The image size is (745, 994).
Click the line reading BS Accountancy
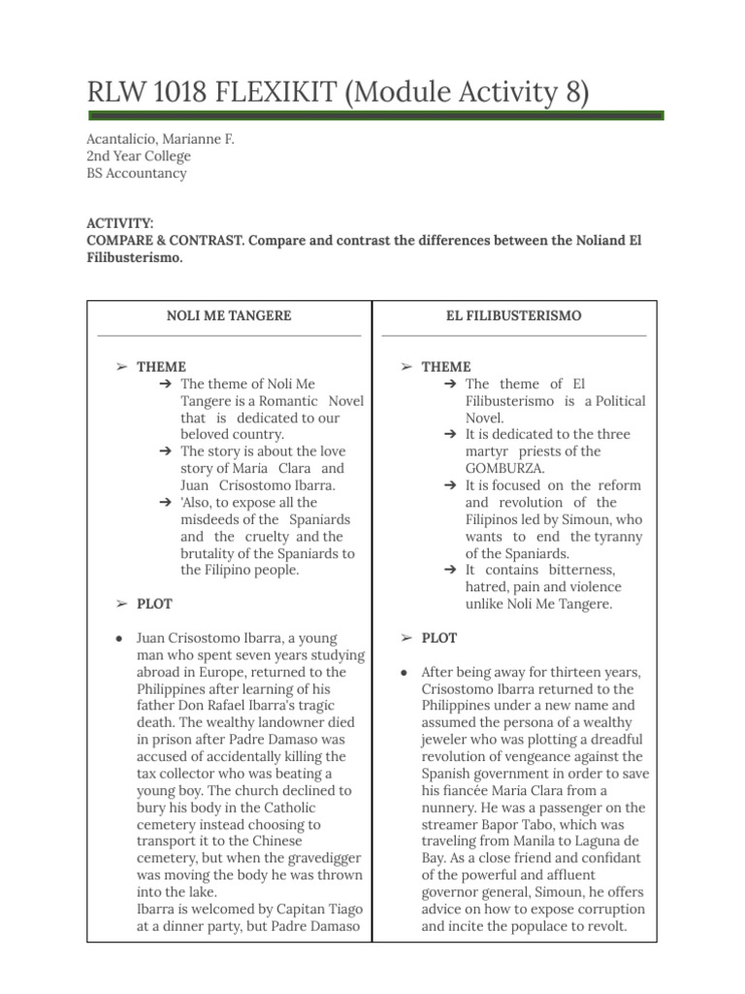click(x=137, y=174)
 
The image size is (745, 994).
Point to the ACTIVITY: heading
click(x=120, y=223)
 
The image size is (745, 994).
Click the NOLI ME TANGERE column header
click(x=229, y=315)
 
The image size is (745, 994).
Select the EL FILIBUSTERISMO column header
click(x=514, y=315)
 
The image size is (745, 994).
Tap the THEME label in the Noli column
click(x=161, y=367)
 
